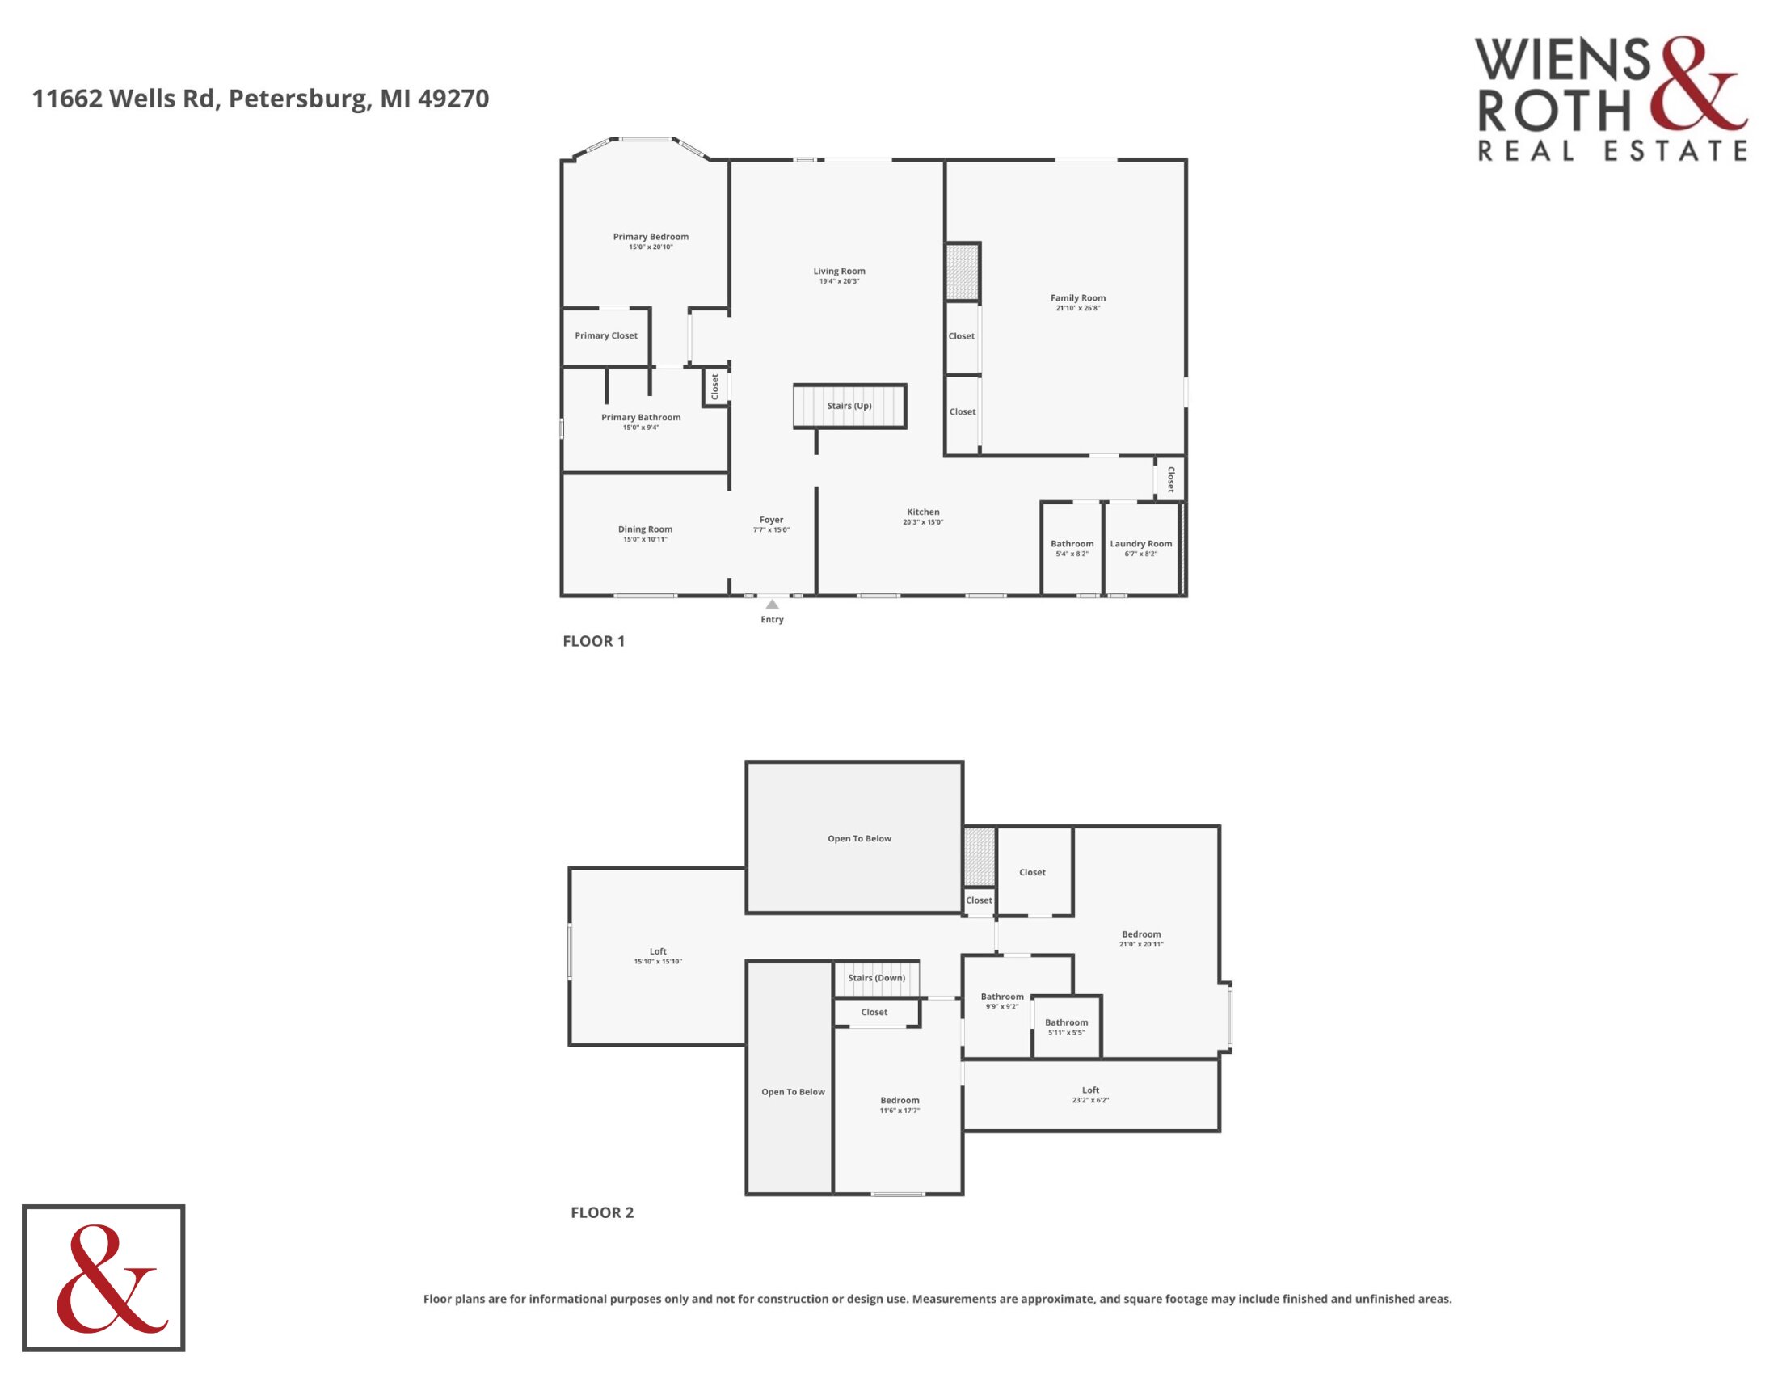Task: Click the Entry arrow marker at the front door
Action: coord(772,604)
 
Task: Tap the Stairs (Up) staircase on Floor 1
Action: coord(849,406)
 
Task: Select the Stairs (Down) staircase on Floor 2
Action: coord(876,979)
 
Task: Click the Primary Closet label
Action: coord(605,335)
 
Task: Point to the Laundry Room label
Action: coord(1140,544)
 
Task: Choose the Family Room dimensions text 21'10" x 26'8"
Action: coord(1078,309)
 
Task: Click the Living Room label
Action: coord(839,271)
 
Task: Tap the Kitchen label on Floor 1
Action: coord(923,512)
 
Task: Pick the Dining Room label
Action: coord(645,529)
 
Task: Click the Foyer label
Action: coord(771,520)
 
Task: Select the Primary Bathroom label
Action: coord(641,418)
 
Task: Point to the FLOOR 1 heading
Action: coord(593,642)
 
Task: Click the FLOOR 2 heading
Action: coord(601,1213)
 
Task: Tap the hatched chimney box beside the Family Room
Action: coord(962,272)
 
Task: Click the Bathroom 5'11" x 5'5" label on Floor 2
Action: coord(1066,1027)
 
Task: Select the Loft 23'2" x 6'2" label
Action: coord(1090,1095)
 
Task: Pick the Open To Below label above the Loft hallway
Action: coord(859,838)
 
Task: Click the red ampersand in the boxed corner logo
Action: coord(112,1279)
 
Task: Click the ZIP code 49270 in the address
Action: coord(453,99)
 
